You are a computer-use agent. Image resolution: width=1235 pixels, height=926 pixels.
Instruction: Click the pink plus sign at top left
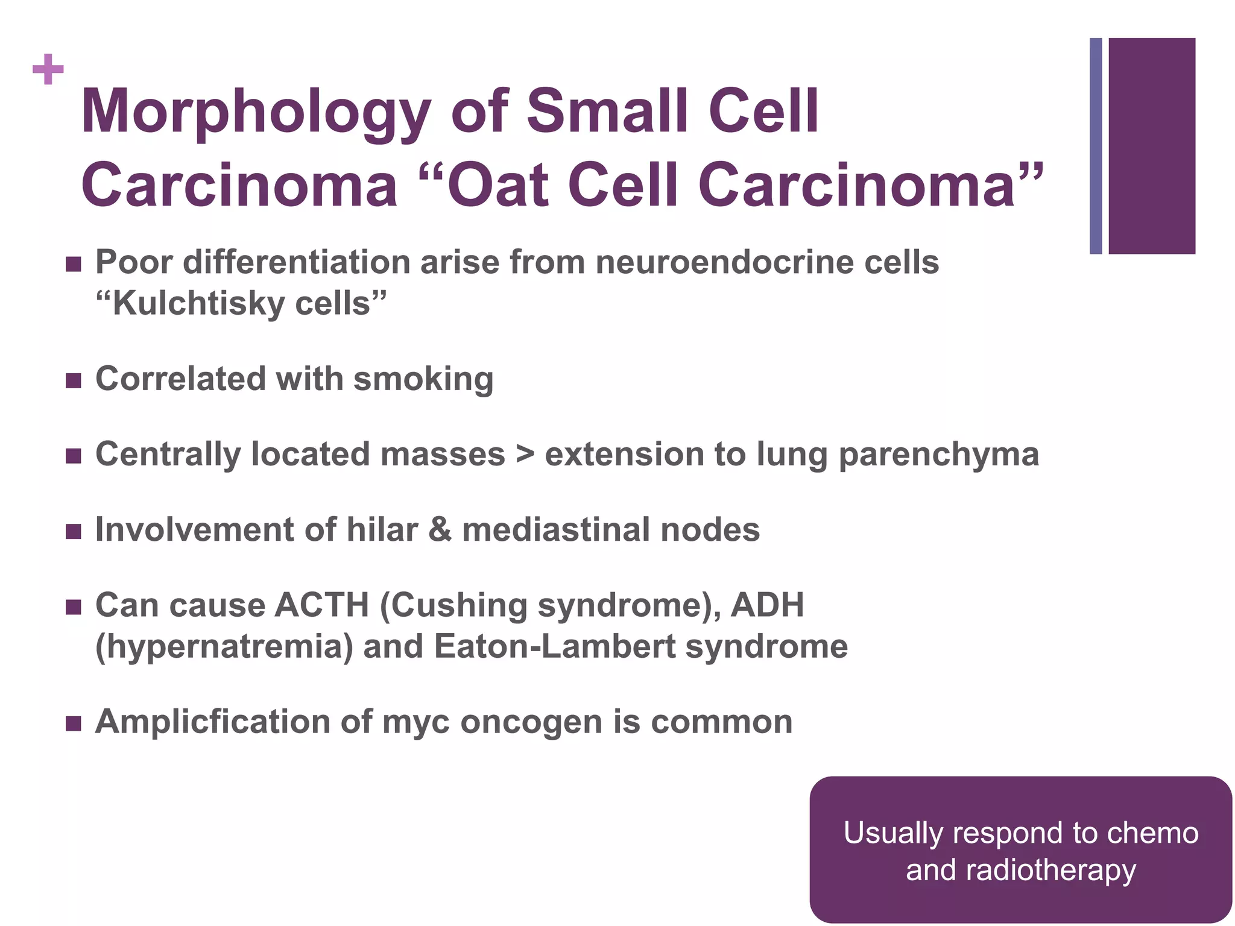(48, 70)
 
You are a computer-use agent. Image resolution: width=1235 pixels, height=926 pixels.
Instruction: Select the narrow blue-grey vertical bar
(1096, 146)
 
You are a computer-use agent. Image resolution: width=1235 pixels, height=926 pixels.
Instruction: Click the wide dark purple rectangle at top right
(1152, 146)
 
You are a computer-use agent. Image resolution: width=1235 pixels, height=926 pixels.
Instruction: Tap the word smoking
(423, 379)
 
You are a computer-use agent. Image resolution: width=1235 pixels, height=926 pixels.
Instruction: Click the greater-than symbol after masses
(525, 455)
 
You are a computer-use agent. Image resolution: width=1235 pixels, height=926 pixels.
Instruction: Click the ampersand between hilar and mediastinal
(440, 530)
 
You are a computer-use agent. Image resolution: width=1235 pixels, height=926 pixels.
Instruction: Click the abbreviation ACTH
(321, 605)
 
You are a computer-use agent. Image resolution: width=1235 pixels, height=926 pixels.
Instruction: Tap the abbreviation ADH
(767, 605)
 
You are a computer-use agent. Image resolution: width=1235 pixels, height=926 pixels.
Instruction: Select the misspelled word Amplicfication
(213, 722)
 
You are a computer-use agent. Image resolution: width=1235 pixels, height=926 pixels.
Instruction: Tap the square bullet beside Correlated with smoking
(73, 380)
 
